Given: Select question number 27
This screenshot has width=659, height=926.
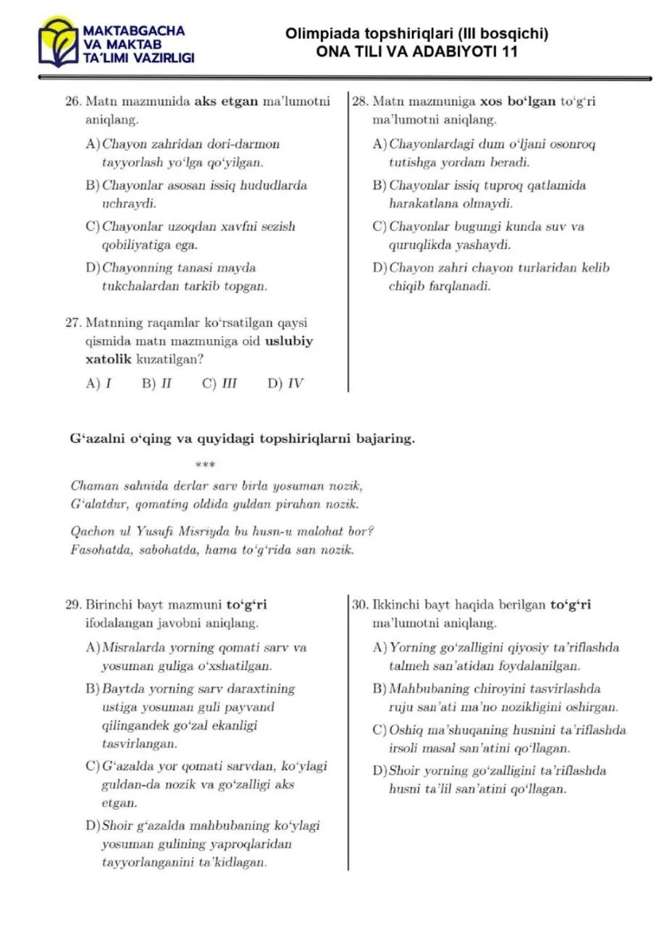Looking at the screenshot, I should (x=72, y=323).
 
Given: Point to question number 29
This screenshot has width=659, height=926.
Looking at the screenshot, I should (x=72, y=604).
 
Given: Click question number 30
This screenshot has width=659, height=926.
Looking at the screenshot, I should (x=360, y=604).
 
